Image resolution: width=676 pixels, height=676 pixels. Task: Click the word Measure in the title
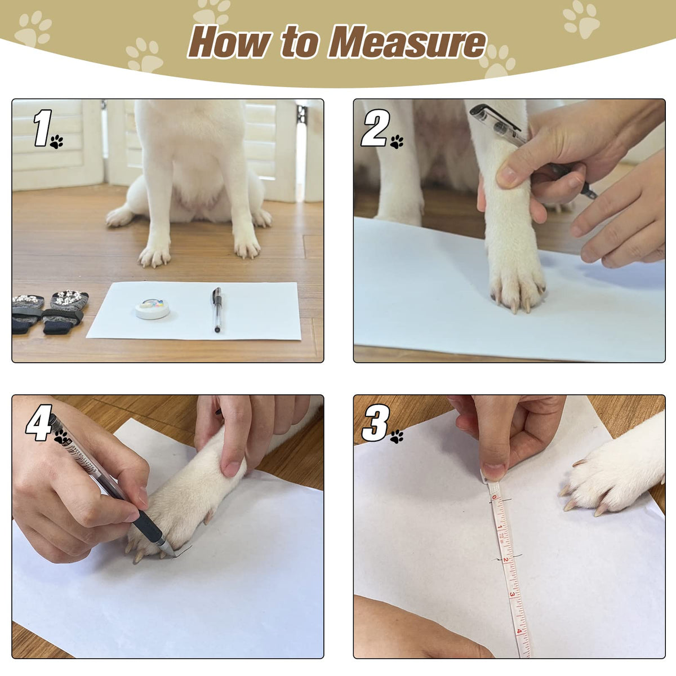point(407,42)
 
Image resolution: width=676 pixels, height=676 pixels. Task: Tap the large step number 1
point(42,128)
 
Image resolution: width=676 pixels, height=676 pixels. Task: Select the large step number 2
point(375,128)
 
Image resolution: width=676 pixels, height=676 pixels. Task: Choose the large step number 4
point(39,423)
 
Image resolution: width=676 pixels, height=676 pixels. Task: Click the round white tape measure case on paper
point(153,308)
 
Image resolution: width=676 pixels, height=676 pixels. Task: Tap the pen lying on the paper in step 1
point(217,309)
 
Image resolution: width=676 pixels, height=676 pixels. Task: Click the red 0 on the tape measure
point(494,497)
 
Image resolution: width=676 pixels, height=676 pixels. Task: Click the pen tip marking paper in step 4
point(174,555)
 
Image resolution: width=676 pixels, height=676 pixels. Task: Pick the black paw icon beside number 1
point(56,142)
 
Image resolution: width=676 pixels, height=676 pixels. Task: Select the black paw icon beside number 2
point(397,142)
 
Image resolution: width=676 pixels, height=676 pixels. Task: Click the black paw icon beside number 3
point(397,437)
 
